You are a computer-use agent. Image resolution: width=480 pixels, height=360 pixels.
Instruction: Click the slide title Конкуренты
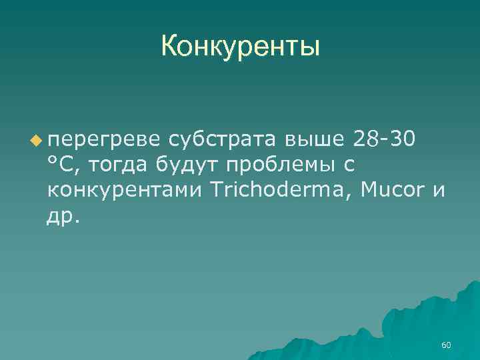click(x=240, y=47)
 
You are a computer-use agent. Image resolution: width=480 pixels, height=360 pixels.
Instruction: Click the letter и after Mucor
click(x=438, y=191)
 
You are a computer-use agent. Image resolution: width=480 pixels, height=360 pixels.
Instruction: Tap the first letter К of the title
click(x=169, y=47)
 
